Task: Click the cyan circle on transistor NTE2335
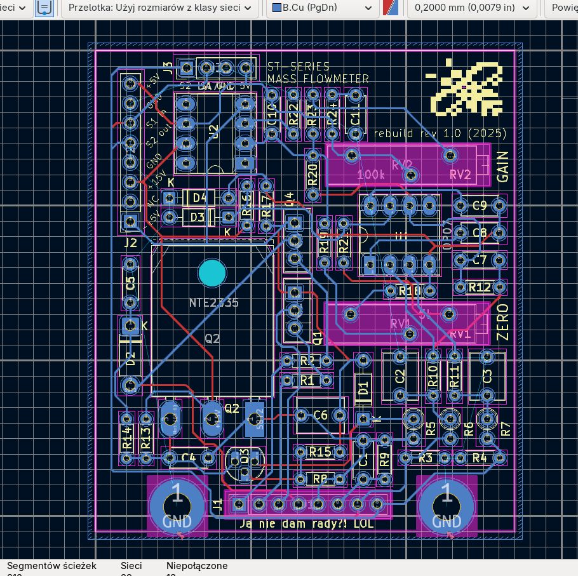click(x=212, y=272)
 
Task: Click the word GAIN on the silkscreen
click(x=502, y=166)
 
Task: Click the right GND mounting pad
click(x=446, y=504)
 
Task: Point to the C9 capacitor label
click(x=480, y=206)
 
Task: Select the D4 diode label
click(x=199, y=198)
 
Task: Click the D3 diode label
click(x=198, y=218)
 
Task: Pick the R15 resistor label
click(x=319, y=452)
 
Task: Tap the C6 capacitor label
click(x=321, y=415)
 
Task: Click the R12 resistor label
click(x=480, y=288)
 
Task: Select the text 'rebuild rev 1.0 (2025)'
click(x=440, y=134)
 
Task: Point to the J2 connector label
click(x=130, y=243)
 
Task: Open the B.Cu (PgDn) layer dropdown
click(x=322, y=8)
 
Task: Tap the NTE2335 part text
click(x=213, y=302)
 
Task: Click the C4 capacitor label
click(x=189, y=457)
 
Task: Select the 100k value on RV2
click(x=371, y=174)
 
